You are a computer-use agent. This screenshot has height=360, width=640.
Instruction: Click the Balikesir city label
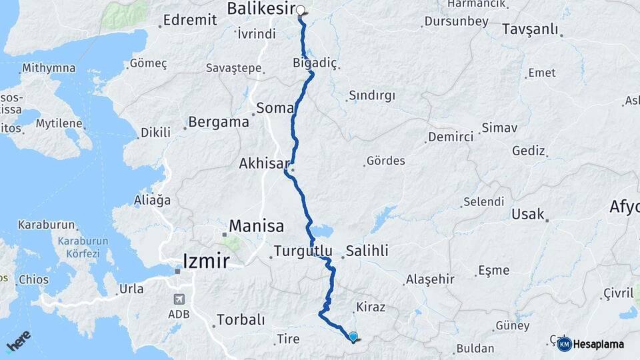click(261, 9)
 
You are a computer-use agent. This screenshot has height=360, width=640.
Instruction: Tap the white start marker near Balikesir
click(301, 11)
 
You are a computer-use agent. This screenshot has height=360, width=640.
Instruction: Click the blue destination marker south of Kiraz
click(353, 338)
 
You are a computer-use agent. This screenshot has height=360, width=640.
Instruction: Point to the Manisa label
click(257, 226)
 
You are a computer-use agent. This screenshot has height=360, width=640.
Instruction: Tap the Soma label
click(275, 107)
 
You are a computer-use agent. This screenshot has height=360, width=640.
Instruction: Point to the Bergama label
click(219, 122)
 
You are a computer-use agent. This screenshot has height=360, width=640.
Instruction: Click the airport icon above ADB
click(178, 299)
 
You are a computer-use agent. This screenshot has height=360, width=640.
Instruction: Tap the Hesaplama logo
click(591, 344)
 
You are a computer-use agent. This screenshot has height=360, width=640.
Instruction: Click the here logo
click(18, 342)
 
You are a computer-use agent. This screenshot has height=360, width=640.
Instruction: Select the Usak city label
click(528, 214)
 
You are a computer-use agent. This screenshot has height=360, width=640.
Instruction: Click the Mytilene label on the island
click(59, 124)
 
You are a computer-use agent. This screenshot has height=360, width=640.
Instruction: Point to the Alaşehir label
click(430, 279)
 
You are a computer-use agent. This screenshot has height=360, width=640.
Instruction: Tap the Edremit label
click(189, 20)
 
